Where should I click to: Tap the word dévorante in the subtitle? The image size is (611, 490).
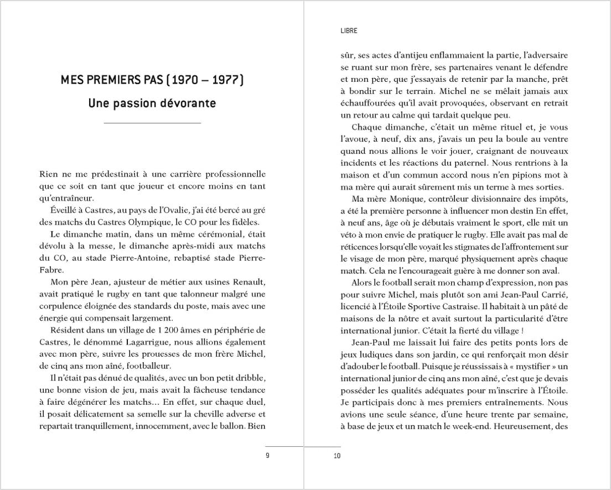188,103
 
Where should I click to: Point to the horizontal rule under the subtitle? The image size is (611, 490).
152,123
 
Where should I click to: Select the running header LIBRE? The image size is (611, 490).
349,31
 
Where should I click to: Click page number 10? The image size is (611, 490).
337,456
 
